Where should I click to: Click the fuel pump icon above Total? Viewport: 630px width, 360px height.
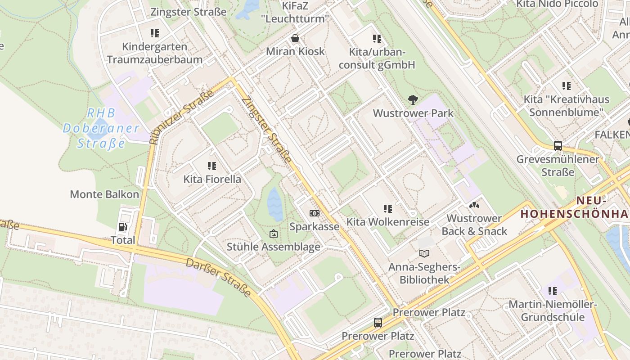tap(122, 227)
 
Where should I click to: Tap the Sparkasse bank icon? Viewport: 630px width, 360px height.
tap(314, 213)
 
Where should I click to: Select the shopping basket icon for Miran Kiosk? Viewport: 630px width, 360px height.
tap(295, 38)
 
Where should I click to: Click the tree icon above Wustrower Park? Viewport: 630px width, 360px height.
tap(413, 100)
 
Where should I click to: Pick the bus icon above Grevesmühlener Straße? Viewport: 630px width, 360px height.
tap(558, 146)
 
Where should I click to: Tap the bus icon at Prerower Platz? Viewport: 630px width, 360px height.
tap(378, 323)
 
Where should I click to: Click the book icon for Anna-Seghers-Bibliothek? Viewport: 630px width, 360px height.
tap(424, 254)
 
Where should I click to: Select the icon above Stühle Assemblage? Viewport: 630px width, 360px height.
tap(273, 234)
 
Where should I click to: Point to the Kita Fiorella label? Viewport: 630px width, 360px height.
tap(212, 179)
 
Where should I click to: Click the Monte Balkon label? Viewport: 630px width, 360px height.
tap(104, 194)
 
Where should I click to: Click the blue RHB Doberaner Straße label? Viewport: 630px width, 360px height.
tap(101, 128)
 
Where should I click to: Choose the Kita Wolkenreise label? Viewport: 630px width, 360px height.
tap(387, 222)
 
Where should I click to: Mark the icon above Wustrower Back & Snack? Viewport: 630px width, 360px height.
tap(474, 205)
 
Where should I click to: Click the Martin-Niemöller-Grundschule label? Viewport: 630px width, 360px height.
tap(553, 310)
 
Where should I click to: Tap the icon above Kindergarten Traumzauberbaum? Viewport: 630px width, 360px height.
tap(155, 33)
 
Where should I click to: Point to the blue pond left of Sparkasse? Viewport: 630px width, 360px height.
tap(275, 204)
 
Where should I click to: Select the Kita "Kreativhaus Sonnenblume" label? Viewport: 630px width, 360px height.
tap(566, 106)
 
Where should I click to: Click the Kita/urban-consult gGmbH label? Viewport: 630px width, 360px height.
tap(377, 58)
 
